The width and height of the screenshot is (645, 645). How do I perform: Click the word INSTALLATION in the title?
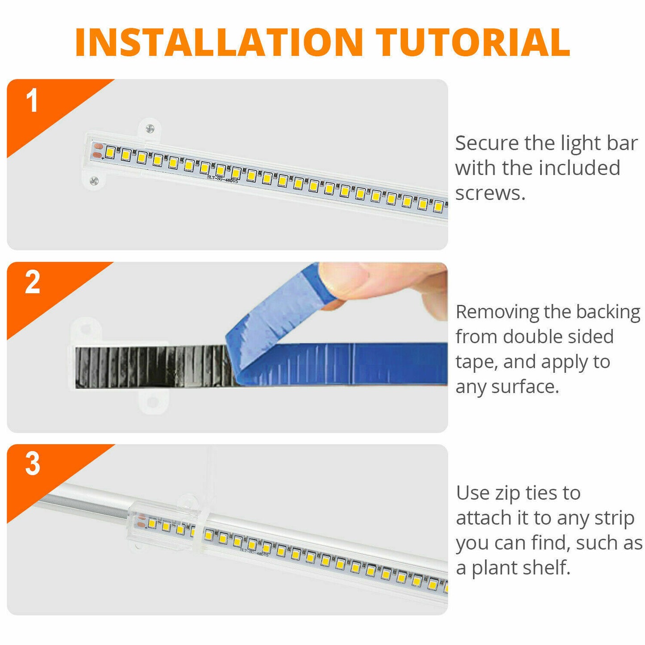(x=219, y=42)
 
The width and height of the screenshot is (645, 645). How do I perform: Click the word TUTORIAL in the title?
(x=473, y=42)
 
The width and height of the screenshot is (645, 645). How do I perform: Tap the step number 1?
(x=32, y=101)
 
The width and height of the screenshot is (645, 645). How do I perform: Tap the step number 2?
(x=32, y=283)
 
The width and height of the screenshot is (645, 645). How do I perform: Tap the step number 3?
(x=32, y=464)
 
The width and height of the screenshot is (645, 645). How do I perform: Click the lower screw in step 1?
(x=94, y=180)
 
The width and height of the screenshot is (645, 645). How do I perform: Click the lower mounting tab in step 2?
(x=153, y=402)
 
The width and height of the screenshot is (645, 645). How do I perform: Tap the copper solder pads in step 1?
(x=97, y=151)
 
